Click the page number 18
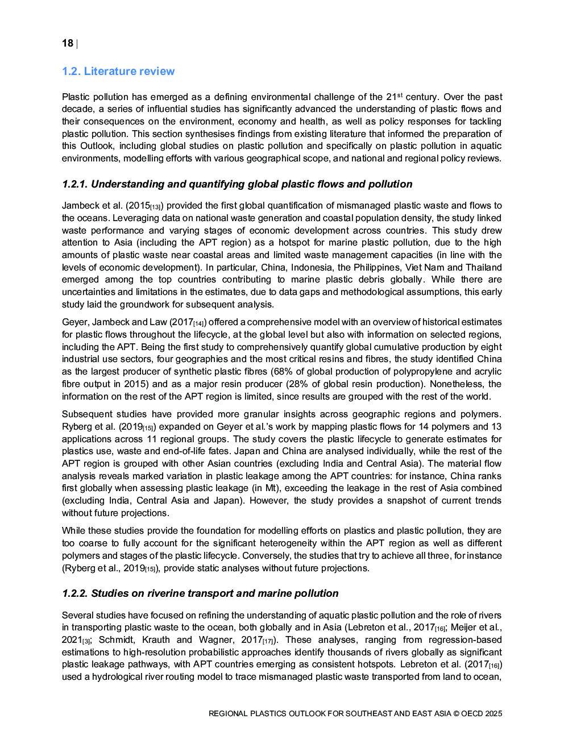[68, 44]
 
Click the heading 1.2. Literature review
[118, 72]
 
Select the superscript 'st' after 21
[400, 95]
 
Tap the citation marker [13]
[156, 207]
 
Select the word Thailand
[483, 268]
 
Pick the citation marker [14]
[199, 324]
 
